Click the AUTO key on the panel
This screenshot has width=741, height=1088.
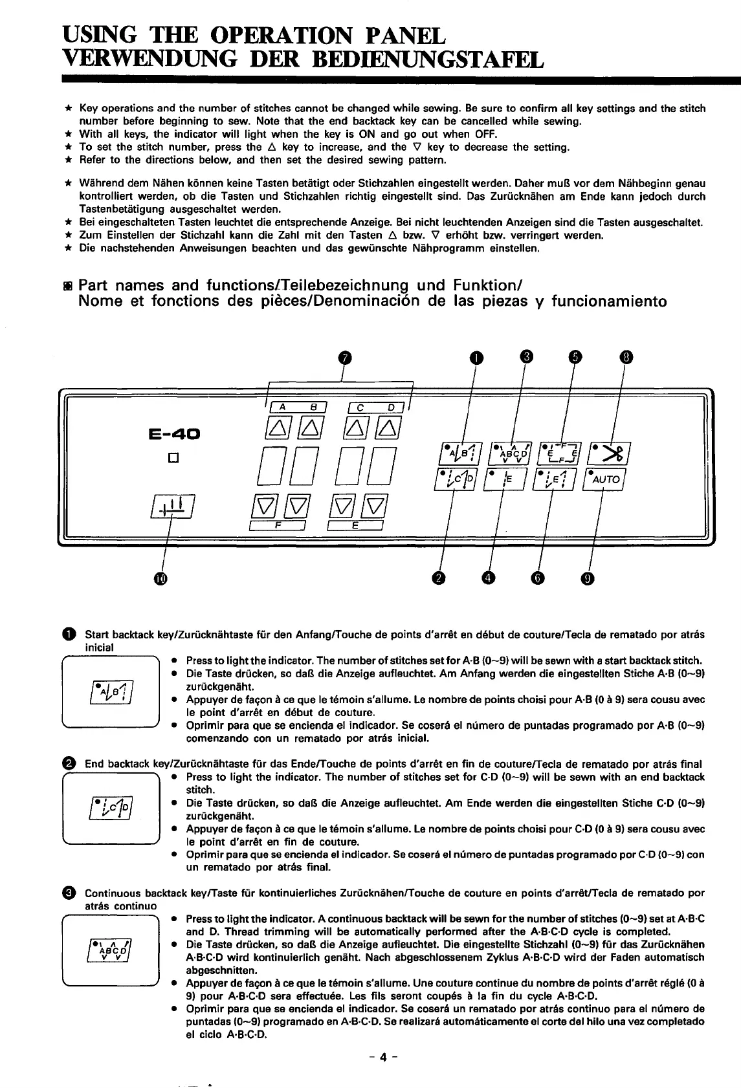[602, 479]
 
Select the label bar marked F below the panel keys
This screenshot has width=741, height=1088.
[278, 527]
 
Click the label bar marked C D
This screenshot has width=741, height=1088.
[375, 408]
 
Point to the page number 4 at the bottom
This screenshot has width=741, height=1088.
[383, 1058]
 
